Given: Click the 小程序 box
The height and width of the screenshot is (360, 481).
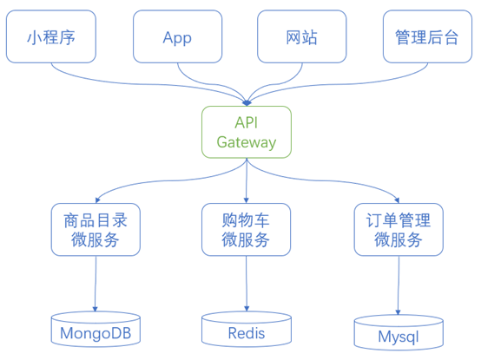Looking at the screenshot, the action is pyautogui.click(x=51, y=36).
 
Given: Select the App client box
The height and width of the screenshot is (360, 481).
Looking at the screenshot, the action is pyautogui.click(x=178, y=36).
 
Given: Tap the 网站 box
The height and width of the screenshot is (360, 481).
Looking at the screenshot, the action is pyautogui.click(x=302, y=36).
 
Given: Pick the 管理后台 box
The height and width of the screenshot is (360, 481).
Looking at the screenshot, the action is pyautogui.click(x=428, y=36).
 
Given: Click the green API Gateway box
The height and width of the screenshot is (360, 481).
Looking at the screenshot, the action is pyautogui.click(x=247, y=132).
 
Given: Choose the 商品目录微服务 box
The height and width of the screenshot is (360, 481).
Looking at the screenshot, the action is pyautogui.click(x=96, y=230).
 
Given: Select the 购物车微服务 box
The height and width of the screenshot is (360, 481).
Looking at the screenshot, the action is pyautogui.click(x=246, y=230).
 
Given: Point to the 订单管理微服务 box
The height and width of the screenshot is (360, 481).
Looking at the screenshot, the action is pyautogui.click(x=399, y=230).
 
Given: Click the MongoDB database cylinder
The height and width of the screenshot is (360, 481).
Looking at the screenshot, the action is pyautogui.click(x=96, y=330).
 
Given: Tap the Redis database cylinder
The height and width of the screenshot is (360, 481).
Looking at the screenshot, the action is pyautogui.click(x=247, y=330).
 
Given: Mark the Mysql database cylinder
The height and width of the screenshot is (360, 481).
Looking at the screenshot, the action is pyautogui.click(x=399, y=332).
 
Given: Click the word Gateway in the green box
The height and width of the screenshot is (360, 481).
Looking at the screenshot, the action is pyautogui.click(x=247, y=142).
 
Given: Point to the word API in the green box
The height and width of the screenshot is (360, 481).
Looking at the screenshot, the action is pyautogui.click(x=247, y=122).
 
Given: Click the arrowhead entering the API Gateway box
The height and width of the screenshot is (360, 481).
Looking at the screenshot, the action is pyautogui.click(x=247, y=103).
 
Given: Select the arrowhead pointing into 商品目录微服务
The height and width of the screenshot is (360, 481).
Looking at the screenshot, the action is pyautogui.click(x=97, y=200).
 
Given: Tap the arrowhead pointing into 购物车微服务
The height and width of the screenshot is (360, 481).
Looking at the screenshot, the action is pyautogui.click(x=246, y=200).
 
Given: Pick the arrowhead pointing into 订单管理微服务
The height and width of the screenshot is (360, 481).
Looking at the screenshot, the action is pyautogui.click(x=397, y=200).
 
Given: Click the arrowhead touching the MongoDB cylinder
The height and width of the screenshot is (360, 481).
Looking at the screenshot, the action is pyautogui.click(x=96, y=309).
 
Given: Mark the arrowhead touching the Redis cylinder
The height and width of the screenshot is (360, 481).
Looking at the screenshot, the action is pyautogui.click(x=247, y=309).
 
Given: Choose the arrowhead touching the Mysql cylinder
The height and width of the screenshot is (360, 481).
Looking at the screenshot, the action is pyautogui.click(x=399, y=312).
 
